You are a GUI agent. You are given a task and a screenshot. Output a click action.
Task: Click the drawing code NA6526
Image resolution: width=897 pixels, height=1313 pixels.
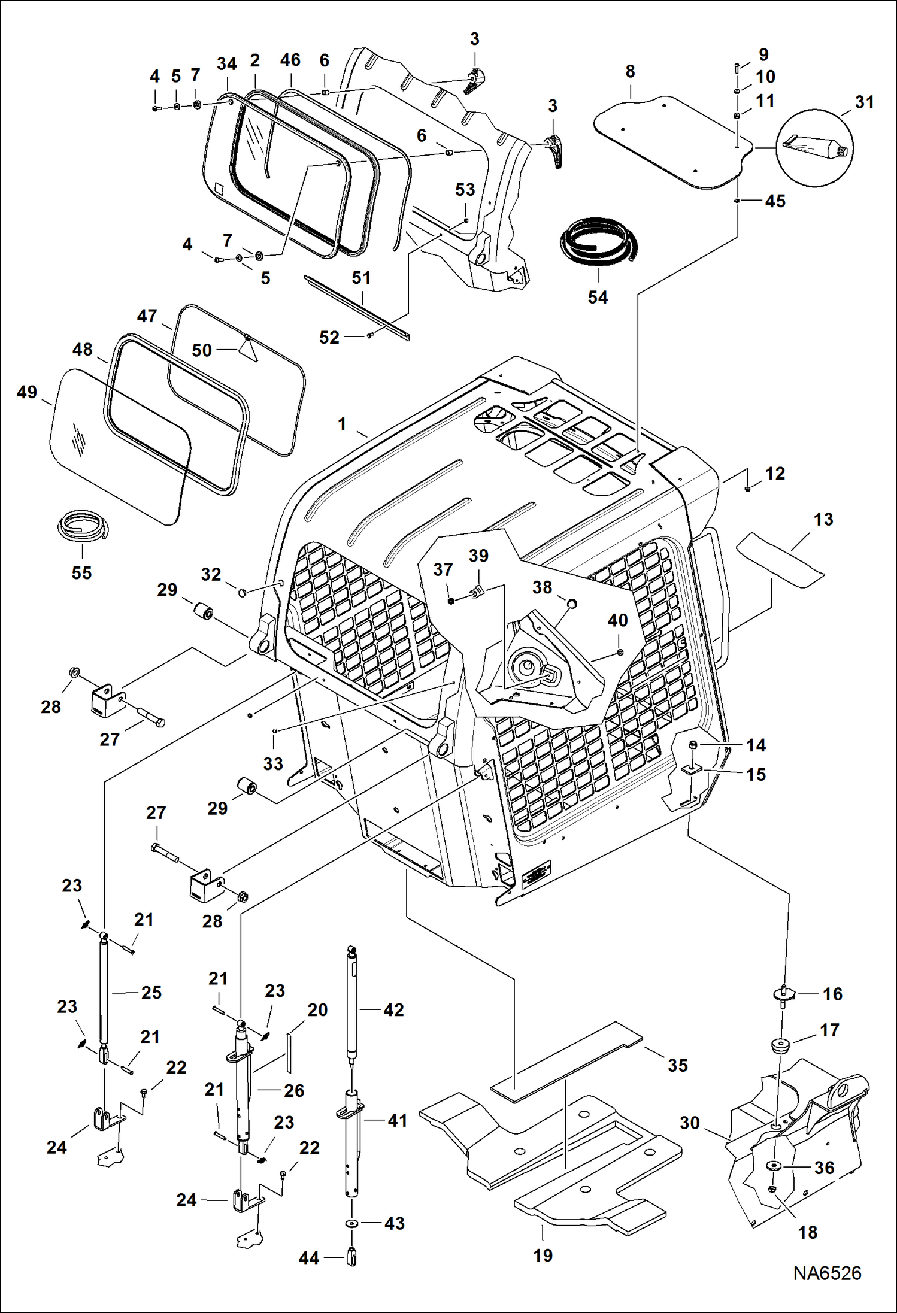(x=827, y=1273)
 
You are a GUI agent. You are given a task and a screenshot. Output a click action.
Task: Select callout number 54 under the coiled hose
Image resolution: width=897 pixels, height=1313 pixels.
(x=598, y=297)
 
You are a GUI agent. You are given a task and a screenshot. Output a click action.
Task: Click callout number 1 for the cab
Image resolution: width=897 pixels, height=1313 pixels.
(x=342, y=424)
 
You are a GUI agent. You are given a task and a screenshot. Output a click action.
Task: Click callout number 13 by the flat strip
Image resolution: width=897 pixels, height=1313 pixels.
(x=823, y=519)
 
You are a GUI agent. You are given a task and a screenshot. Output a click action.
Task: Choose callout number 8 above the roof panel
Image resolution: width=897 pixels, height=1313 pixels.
(x=630, y=71)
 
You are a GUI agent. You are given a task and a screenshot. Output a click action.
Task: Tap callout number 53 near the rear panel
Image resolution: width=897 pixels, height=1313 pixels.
(x=465, y=189)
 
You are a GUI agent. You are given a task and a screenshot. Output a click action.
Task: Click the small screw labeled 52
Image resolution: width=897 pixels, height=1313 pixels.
(x=370, y=336)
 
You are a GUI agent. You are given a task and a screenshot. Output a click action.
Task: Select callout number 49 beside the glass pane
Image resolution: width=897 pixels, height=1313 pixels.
(x=27, y=392)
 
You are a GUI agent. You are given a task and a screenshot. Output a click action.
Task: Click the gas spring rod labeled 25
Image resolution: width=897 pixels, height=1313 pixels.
(x=104, y=994)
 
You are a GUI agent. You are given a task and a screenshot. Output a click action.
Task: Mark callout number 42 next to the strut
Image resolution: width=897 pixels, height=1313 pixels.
(x=393, y=1010)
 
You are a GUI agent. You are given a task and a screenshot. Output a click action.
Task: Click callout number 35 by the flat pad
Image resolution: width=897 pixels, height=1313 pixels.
(x=677, y=1065)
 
